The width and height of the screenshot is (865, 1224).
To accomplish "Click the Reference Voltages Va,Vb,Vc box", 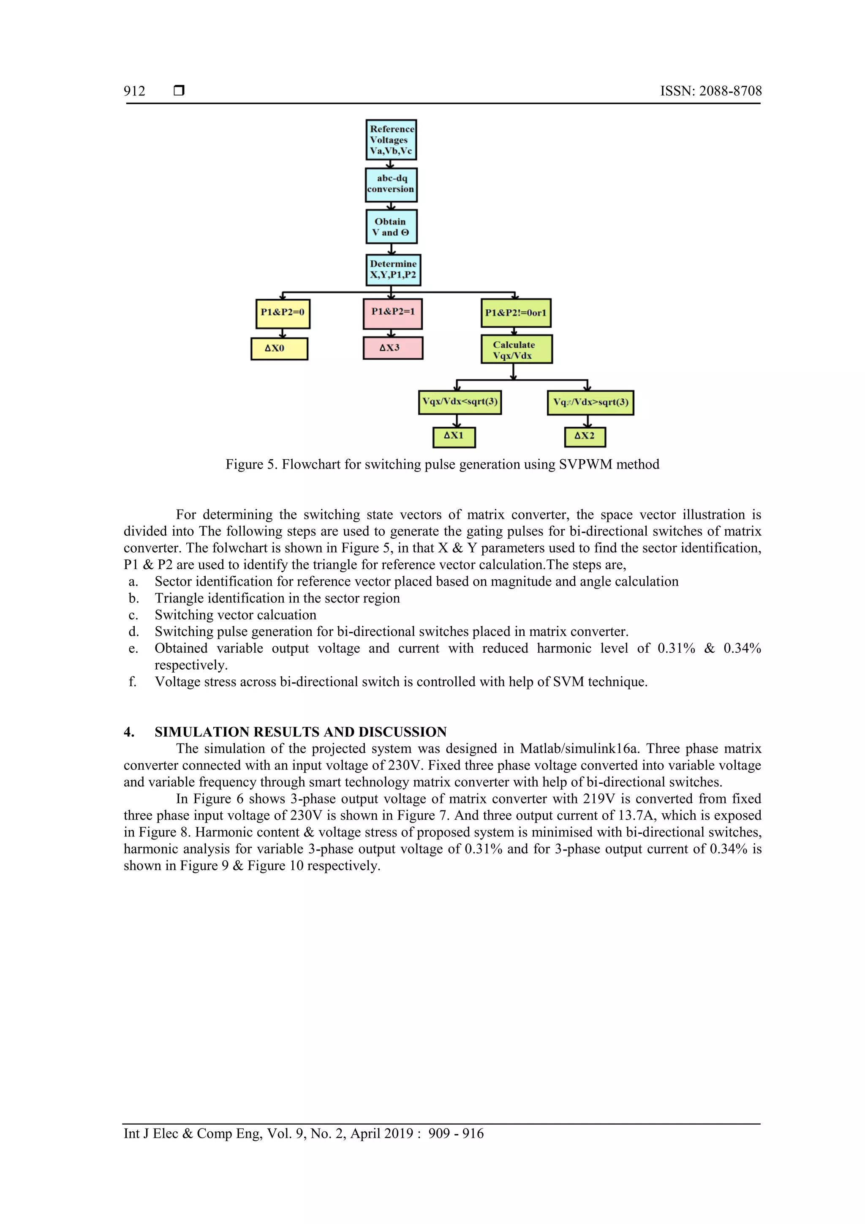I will (391, 140).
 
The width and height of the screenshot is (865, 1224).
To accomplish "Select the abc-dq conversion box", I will (391, 185).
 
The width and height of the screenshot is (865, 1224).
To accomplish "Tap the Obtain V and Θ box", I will (391, 226).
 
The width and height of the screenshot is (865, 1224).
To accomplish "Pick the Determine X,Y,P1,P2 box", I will (393, 270).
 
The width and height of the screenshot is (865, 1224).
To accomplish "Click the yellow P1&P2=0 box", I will (283, 313).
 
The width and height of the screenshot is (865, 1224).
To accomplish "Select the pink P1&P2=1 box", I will (393, 313).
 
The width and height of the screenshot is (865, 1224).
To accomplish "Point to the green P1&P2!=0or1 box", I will (515, 313).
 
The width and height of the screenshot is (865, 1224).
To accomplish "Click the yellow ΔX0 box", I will (279, 349).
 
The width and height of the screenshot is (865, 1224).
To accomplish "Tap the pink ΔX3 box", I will (393, 348).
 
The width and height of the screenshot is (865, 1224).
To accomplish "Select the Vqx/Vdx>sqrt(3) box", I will (590, 403).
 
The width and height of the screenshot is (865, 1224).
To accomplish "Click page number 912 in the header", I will (134, 91).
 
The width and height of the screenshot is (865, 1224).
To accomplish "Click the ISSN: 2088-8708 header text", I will (710, 91).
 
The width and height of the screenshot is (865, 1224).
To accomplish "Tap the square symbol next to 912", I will (179, 90).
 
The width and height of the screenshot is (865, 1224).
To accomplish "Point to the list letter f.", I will (132, 682).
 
